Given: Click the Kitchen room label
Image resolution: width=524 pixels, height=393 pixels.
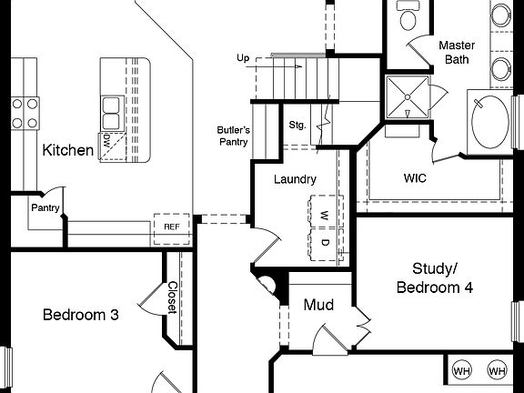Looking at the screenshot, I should tap(68, 150).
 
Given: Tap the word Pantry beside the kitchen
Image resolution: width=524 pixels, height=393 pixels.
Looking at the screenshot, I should tap(45, 207).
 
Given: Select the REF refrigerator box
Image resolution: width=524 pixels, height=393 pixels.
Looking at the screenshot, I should tap(171, 227).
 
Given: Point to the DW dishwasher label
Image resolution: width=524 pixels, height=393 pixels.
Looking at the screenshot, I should tap(107, 141).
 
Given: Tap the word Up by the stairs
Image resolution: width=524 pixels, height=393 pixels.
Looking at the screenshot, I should tap(243, 59).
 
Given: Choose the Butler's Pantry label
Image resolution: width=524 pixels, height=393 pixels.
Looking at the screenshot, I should tap(233, 135).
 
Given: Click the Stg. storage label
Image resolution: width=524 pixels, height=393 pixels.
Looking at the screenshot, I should tap(297, 125).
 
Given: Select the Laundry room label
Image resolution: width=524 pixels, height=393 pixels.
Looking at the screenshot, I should tap(295, 179).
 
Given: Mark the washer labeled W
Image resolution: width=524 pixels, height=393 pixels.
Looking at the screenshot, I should tap(323, 215).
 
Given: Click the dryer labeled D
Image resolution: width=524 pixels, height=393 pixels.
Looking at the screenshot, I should tap(323, 242).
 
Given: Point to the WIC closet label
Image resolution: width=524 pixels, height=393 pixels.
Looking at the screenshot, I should tap(415, 177).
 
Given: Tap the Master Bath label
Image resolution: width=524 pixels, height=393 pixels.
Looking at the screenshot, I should tap(458, 52).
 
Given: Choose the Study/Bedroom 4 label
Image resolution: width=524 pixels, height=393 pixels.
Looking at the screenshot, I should tap(435, 277).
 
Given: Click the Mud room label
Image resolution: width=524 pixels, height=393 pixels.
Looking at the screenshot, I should tap(318, 305).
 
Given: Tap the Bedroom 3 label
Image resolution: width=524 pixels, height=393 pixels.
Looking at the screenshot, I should tap(81, 315).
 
